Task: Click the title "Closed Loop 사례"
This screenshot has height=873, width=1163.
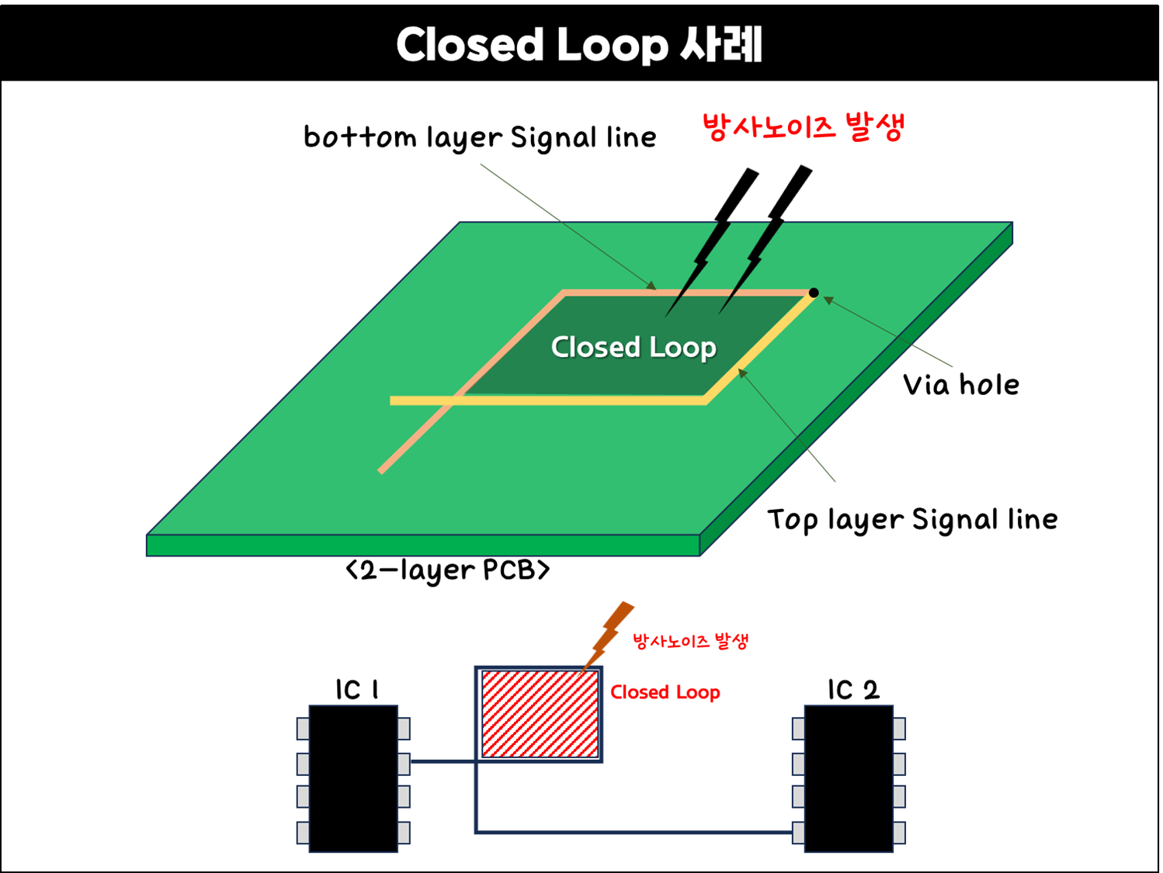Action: [579, 44]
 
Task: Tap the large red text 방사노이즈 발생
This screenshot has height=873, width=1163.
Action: [803, 126]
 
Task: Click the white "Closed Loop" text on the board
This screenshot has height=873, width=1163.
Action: [633, 347]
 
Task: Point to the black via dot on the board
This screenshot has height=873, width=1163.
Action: [814, 293]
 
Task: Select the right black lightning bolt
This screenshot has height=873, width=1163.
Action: [752, 264]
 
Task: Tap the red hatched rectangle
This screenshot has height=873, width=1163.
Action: [540, 714]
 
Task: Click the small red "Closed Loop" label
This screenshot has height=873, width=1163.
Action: [665, 691]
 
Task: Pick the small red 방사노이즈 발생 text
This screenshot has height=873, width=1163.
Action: [689, 641]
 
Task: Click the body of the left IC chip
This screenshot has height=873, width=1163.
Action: [353, 778]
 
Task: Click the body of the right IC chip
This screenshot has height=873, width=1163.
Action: [849, 778]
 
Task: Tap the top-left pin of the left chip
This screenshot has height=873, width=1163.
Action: [303, 729]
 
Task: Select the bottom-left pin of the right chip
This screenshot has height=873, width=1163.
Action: [798, 833]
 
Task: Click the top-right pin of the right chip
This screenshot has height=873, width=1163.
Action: [899, 729]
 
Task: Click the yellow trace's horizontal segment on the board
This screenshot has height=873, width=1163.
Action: [543, 400]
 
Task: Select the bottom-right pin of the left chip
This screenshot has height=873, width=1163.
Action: [404, 833]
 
